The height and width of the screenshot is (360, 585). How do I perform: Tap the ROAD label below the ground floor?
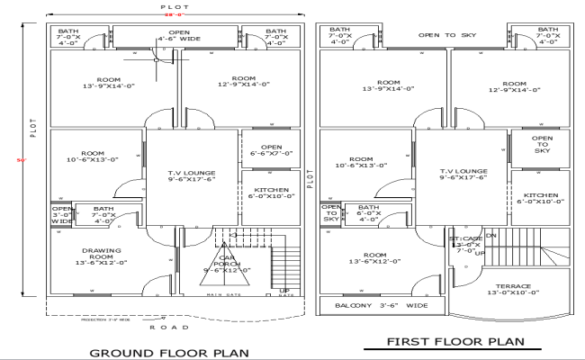pyautogui.click(x=163, y=328)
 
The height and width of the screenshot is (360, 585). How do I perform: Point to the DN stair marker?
pyautogui.click(x=490, y=236)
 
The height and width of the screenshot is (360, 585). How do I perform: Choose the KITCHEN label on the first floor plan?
pyautogui.click(x=541, y=199)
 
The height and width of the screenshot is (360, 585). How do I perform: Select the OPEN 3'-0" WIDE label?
pyautogui.click(x=61, y=215)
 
